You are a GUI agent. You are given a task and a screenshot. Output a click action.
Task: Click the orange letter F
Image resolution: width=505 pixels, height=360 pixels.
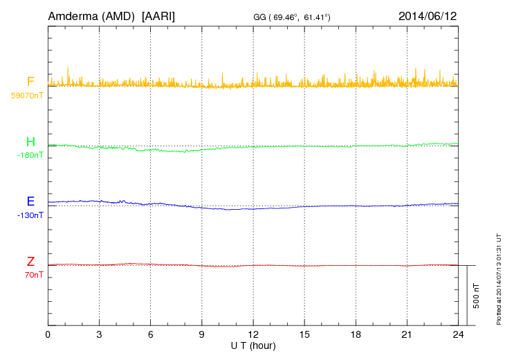(30, 82)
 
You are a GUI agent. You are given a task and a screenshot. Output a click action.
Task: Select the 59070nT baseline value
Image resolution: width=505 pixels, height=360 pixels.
(27, 95)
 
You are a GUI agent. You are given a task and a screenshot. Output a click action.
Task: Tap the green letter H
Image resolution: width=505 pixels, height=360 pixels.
(30, 142)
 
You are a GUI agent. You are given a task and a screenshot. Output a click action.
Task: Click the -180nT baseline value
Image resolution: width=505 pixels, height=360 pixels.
(30, 155)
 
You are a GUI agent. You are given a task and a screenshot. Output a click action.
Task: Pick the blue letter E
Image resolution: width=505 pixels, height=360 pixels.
(30, 202)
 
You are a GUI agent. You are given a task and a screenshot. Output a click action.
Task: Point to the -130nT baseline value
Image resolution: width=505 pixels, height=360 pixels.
(30, 215)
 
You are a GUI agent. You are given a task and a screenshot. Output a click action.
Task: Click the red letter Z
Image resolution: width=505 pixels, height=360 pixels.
(30, 262)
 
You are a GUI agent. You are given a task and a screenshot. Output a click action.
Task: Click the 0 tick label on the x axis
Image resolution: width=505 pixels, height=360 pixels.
(48, 335)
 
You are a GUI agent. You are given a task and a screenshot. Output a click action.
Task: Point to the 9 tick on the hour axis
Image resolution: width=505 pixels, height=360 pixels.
(202, 335)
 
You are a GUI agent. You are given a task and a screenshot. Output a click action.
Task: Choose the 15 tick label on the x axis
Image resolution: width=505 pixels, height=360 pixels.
(304, 335)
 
